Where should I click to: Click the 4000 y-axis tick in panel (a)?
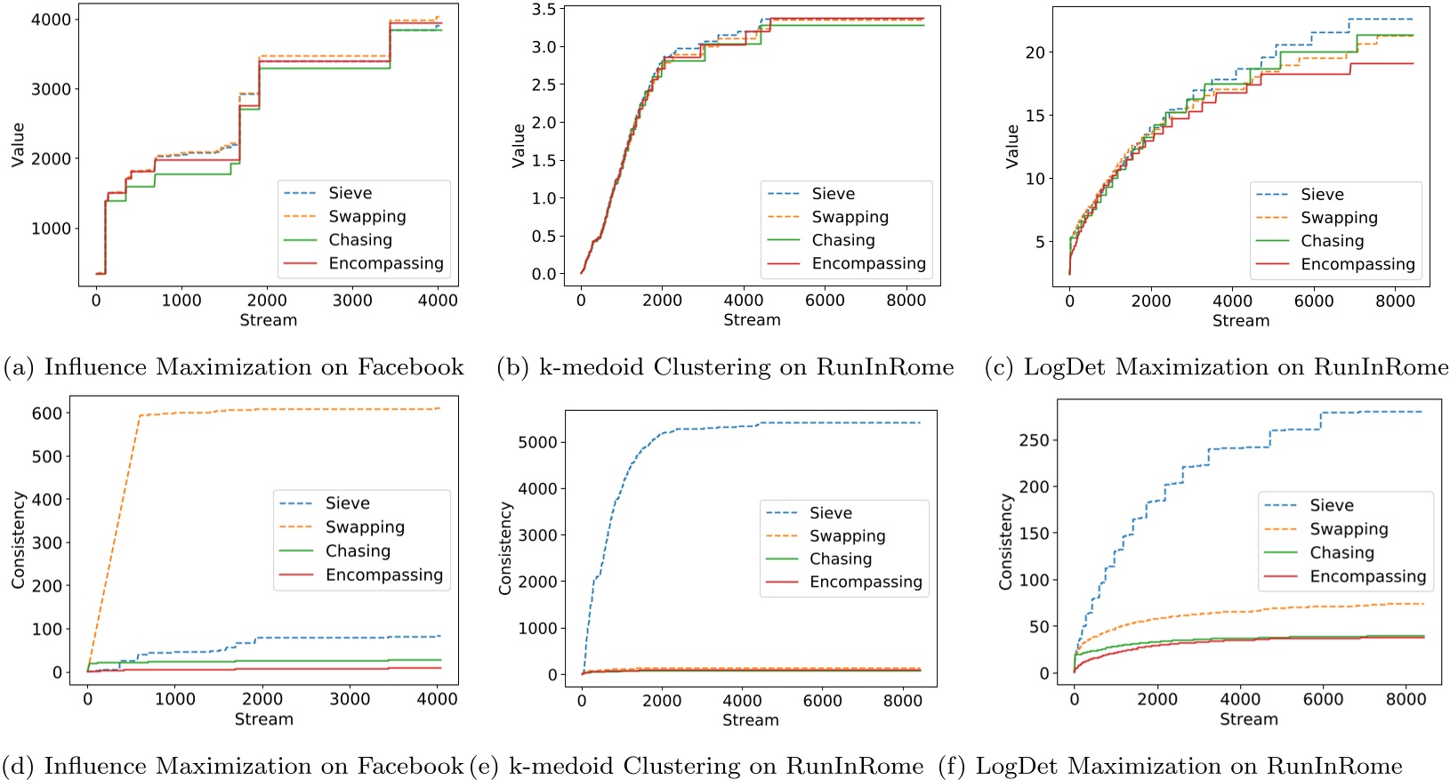click(51, 20)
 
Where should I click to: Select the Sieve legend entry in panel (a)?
click(350, 193)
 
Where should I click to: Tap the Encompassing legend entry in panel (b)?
click(868, 263)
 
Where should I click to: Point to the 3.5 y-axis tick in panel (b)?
click(544, 10)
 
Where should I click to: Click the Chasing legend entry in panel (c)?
click(1332, 241)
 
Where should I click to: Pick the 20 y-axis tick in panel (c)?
click(1035, 52)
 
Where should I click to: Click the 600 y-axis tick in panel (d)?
click(47, 414)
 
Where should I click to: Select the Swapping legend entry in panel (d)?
click(365, 527)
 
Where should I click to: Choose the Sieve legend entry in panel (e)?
click(830, 513)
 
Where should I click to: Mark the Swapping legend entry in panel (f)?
click(1349, 529)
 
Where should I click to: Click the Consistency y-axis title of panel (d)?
click(18, 541)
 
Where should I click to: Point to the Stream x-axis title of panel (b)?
click(752, 320)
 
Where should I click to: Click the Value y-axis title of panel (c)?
click(1011, 146)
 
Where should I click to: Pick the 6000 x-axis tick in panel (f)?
click(1323, 700)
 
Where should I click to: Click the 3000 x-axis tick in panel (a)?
click(352, 301)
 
